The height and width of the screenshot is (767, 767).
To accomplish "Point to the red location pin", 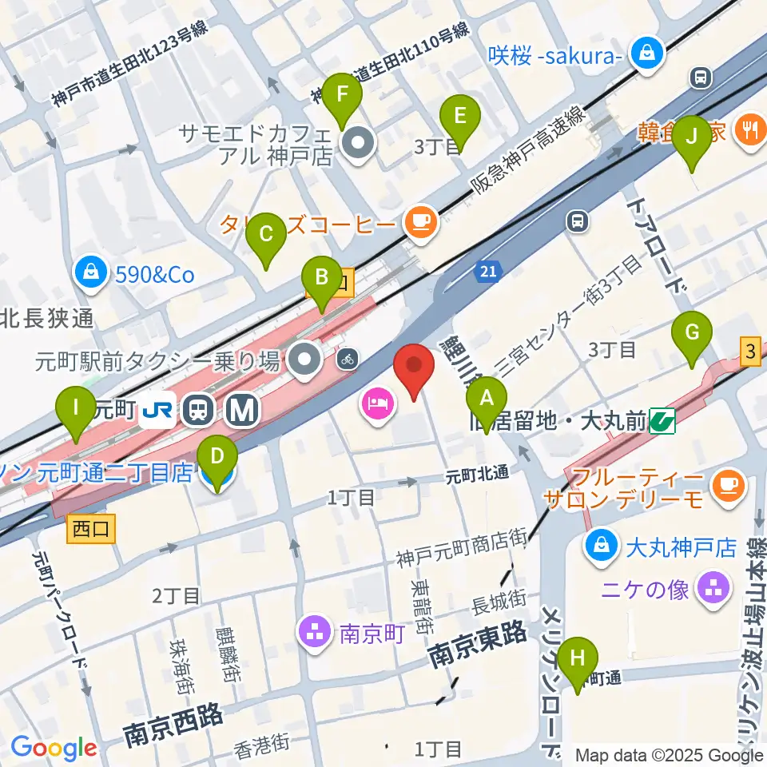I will coord(415,369).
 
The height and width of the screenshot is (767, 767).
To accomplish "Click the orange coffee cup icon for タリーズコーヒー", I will coord(420,220).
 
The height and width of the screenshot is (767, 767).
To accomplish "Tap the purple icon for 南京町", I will coord(315,631).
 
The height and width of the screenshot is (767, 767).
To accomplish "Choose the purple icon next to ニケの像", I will coord(713,590).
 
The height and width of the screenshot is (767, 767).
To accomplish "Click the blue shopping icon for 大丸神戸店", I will coord(598,548).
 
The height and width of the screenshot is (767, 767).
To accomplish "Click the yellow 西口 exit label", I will coord(90,529).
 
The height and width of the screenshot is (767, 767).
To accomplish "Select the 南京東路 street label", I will coord(478,645).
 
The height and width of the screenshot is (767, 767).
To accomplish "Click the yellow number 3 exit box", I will coord(751,351).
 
